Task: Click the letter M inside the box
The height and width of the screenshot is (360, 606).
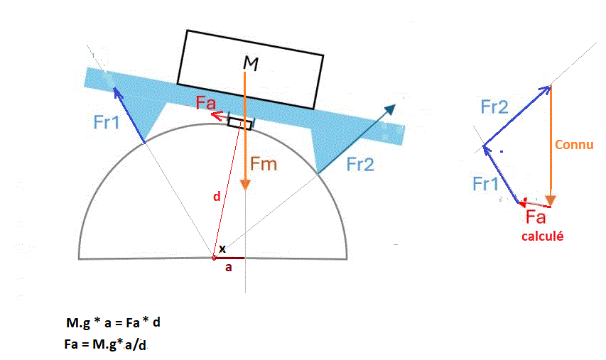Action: pos(251,64)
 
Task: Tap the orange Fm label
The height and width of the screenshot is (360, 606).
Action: pos(263,165)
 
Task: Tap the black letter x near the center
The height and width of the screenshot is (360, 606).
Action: pos(222,249)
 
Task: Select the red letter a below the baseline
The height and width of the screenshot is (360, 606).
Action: pos(228,268)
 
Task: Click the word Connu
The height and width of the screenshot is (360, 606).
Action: pos(574,145)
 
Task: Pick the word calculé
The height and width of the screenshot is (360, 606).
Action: pos(542,236)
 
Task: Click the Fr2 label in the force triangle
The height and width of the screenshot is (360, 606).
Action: pos(494,107)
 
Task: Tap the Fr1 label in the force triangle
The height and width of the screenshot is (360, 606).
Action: pos(485,184)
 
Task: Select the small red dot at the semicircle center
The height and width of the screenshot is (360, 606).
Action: pos(214,258)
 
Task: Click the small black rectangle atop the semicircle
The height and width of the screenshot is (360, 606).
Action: pos(239,124)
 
